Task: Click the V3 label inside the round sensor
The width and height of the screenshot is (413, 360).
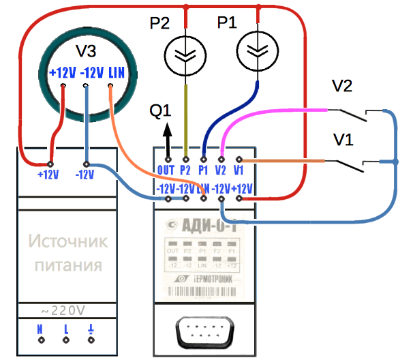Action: (x=86, y=52)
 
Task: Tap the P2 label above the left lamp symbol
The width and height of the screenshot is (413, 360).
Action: (x=159, y=24)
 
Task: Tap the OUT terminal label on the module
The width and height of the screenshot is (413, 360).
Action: (x=166, y=169)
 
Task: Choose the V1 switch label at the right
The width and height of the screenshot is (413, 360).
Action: (x=343, y=140)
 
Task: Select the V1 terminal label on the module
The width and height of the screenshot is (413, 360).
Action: (x=239, y=169)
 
